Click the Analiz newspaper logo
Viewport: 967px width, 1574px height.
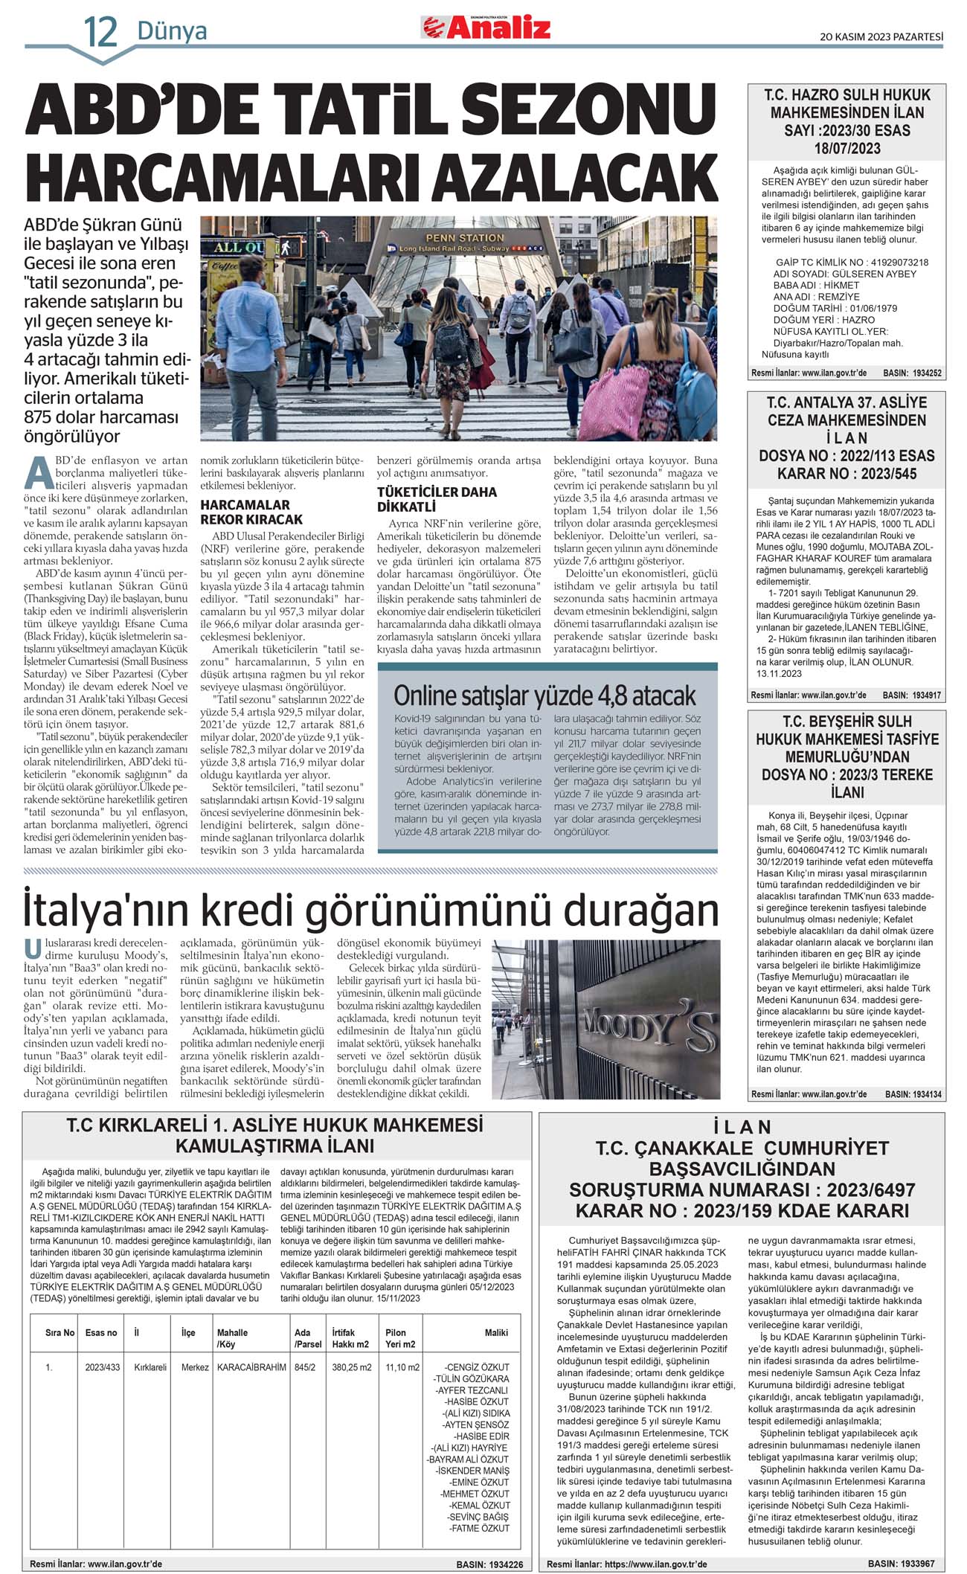[487, 28]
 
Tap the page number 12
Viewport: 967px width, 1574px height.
[100, 32]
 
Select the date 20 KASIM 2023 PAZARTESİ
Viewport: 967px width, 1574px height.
[881, 36]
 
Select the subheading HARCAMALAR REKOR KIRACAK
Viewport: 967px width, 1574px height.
[251, 512]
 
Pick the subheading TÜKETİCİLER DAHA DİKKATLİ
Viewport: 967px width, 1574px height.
[437, 499]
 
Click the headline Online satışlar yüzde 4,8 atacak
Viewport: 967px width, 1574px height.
[544, 696]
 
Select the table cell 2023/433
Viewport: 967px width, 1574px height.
[102, 1367]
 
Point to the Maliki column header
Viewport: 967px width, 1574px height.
[496, 1332]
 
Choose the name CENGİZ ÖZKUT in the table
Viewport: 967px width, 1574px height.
[478, 1367]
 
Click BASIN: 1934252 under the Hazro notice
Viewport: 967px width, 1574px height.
[912, 373]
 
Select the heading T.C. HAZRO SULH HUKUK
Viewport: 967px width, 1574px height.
[846, 95]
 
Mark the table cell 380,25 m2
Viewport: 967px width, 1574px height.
[350, 1367]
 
